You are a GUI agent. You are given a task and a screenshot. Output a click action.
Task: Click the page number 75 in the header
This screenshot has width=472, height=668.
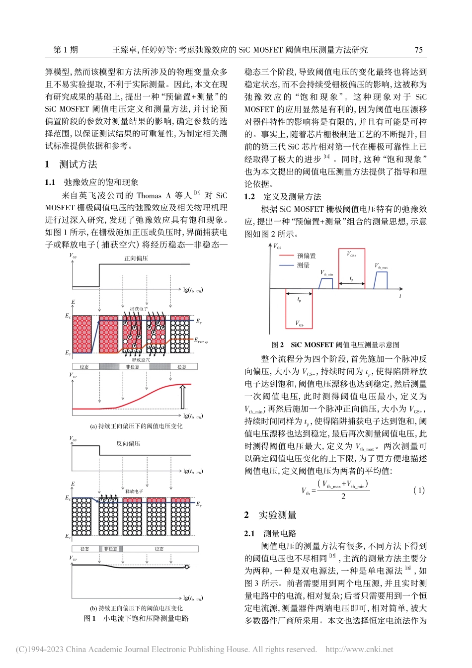pyautogui.click(x=418, y=50)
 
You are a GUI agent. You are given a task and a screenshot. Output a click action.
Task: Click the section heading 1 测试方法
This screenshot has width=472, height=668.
pyautogui.click(x=72, y=165)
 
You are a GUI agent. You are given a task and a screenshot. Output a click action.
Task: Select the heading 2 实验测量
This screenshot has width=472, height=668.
pyautogui.click(x=271, y=515)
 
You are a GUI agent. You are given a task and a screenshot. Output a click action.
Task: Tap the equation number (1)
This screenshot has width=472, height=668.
pyautogui.click(x=419, y=490)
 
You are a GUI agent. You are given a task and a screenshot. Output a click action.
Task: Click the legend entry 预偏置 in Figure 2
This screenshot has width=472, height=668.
pyautogui.click(x=306, y=255)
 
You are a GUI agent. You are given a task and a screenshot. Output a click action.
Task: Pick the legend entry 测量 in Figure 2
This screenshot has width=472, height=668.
pyautogui.click(x=303, y=265)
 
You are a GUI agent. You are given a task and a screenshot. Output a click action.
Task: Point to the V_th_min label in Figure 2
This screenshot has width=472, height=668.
pyautogui.click(x=326, y=273)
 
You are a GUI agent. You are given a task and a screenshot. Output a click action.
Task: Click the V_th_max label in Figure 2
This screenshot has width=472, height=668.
pyautogui.click(x=381, y=266)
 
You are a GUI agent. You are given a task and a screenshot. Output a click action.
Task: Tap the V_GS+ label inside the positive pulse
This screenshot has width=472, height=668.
pyautogui.click(x=351, y=254)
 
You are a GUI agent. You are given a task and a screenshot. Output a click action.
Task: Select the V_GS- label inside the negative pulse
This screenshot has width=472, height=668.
pyautogui.click(x=300, y=324)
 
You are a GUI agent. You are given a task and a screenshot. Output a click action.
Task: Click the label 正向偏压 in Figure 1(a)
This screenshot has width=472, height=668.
pyautogui.click(x=136, y=258)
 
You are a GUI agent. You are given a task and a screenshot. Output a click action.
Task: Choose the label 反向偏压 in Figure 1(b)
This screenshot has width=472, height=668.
pyautogui.click(x=128, y=443)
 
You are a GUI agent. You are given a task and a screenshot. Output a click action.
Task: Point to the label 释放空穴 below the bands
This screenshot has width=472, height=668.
pyautogui.click(x=141, y=360)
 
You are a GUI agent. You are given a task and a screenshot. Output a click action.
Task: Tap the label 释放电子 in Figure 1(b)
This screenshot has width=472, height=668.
pyautogui.click(x=134, y=491)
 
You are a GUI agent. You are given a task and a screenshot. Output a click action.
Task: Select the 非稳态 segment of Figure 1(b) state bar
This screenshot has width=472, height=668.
pyautogui.click(x=111, y=549)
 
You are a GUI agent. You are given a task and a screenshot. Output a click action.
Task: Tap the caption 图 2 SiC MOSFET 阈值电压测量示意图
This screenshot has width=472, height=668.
pyautogui.click(x=336, y=344)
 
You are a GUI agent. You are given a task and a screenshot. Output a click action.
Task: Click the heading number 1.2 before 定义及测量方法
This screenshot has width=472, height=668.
pyautogui.click(x=249, y=197)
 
